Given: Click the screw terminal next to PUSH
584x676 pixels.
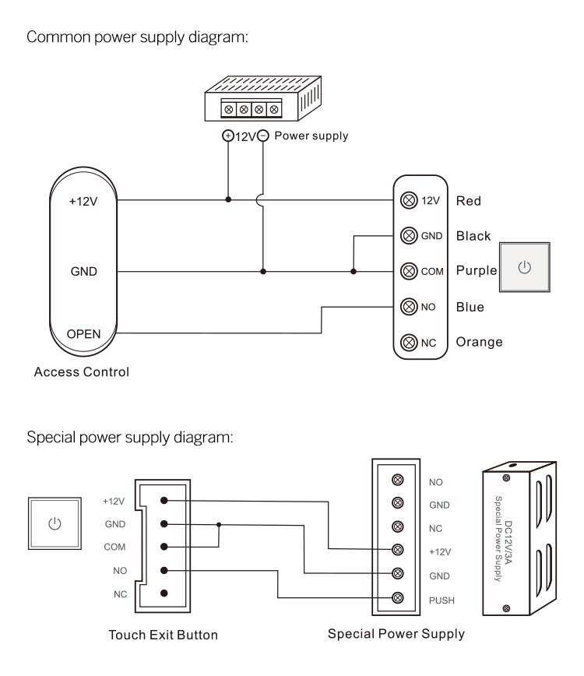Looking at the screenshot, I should (399, 598).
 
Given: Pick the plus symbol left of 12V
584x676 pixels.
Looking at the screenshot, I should (228, 136).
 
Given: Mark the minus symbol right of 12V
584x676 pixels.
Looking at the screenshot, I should (263, 136).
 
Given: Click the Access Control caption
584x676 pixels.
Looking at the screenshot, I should (81, 371).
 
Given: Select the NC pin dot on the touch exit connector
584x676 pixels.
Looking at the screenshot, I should (164, 593).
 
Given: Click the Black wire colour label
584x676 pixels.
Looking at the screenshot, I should (474, 236).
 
